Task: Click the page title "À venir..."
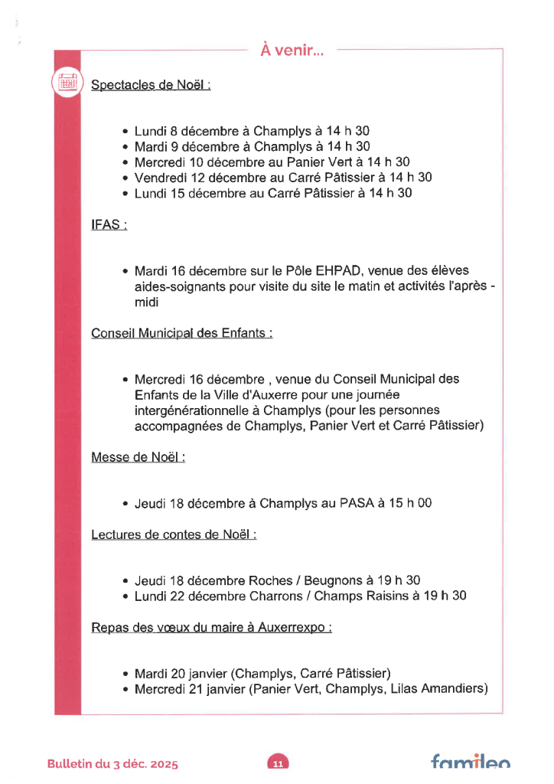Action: pyautogui.click(x=292, y=51)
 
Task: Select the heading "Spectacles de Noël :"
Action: pyautogui.click(x=151, y=85)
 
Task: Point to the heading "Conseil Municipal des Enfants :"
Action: pyautogui.click(x=182, y=333)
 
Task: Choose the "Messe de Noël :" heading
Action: pyautogui.click(x=138, y=457)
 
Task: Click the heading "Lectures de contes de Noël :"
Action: pyautogui.click(x=174, y=534)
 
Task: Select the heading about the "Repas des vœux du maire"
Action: pyautogui.click(x=211, y=628)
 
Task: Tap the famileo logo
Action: pyautogui.click(x=470, y=762)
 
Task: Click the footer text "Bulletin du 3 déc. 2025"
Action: pyautogui.click(x=112, y=764)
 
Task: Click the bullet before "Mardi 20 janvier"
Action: pyautogui.click(x=125, y=675)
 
